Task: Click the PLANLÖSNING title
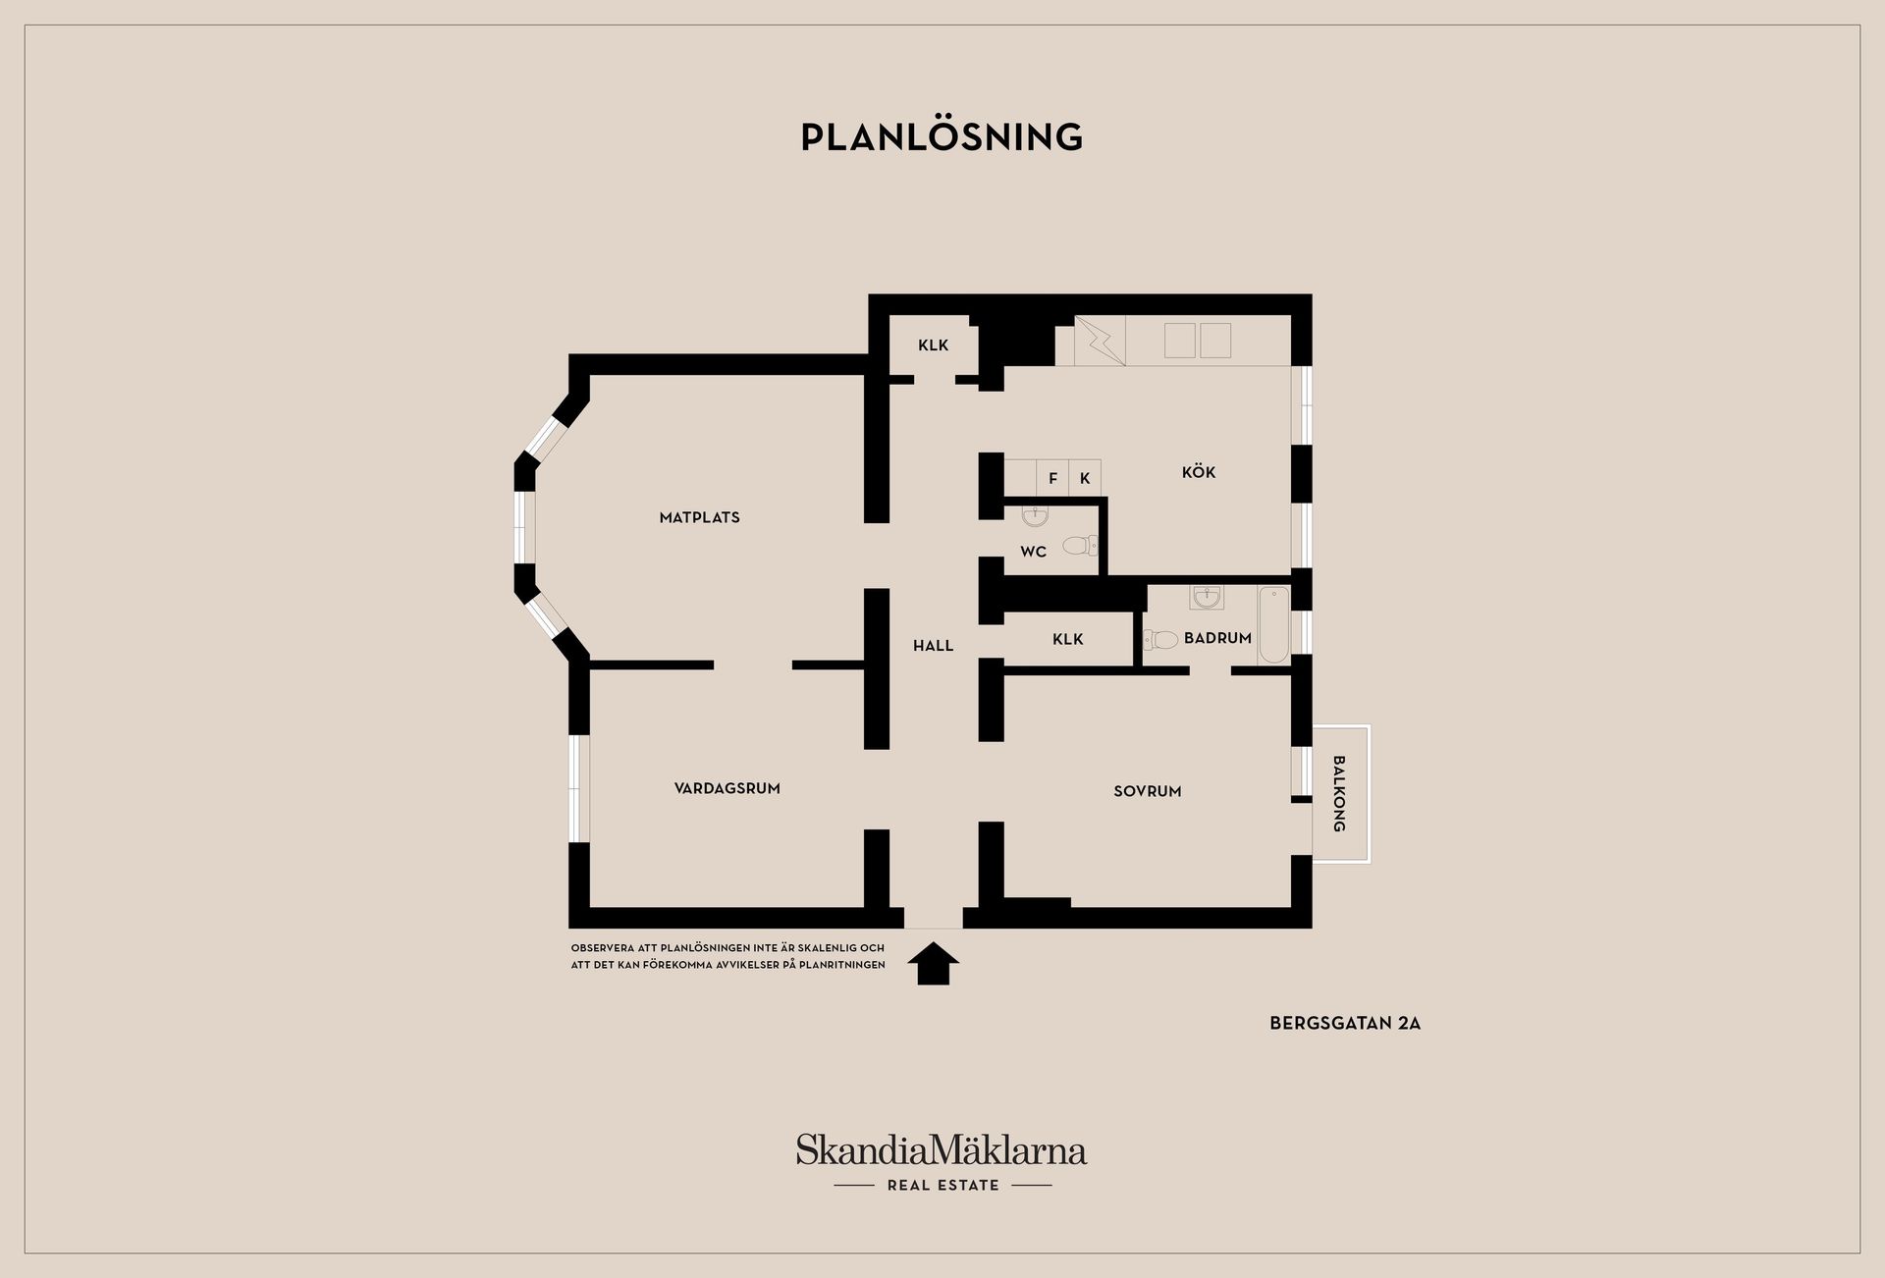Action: tap(942, 137)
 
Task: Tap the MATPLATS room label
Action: tap(700, 517)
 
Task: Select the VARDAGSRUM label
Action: tap(727, 788)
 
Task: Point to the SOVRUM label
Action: tap(1148, 791)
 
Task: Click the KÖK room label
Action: tap(1199, 472)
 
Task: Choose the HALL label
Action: tap(934, 646)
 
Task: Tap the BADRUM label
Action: tap(1217, 638)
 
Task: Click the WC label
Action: tap(1034, 552)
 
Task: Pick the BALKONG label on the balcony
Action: tap(1339, 793)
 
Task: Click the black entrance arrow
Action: tap(933, 964)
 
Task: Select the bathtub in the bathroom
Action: tap(1273, 624)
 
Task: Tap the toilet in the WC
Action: tap(1080, 545)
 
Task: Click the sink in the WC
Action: tap(1035, 516)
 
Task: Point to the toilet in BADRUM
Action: tap(1160, 640)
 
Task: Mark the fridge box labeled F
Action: tap(1052, 477)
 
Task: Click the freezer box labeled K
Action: tap(1085, 477)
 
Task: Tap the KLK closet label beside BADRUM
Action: tap(1068, 640)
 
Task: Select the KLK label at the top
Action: tap(934, 346)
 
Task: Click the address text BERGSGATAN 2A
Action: tap(1345, 1023)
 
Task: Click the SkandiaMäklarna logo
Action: tap(942, 1162)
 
